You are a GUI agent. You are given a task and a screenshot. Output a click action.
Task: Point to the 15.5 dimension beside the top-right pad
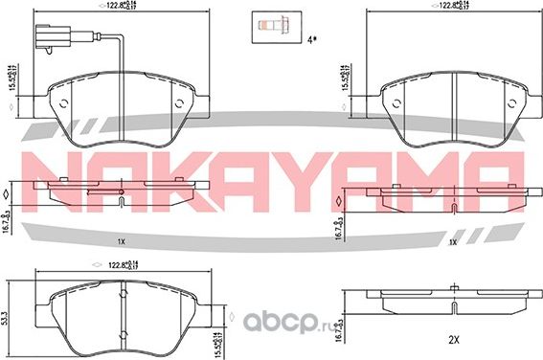(x=343, y=76)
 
